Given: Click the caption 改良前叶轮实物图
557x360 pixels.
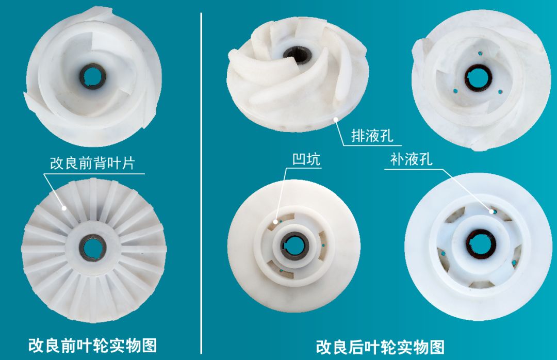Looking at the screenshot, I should [93, 345].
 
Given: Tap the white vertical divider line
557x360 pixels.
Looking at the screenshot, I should [201, 181].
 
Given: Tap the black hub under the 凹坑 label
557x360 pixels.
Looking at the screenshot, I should [296, 243].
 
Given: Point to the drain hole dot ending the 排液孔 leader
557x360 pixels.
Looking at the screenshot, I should [336, 120].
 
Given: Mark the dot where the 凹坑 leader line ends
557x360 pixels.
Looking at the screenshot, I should [276, 221].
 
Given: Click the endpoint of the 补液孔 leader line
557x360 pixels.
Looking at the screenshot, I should [493, 210].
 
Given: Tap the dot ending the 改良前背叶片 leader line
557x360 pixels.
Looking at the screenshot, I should [64, 208].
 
